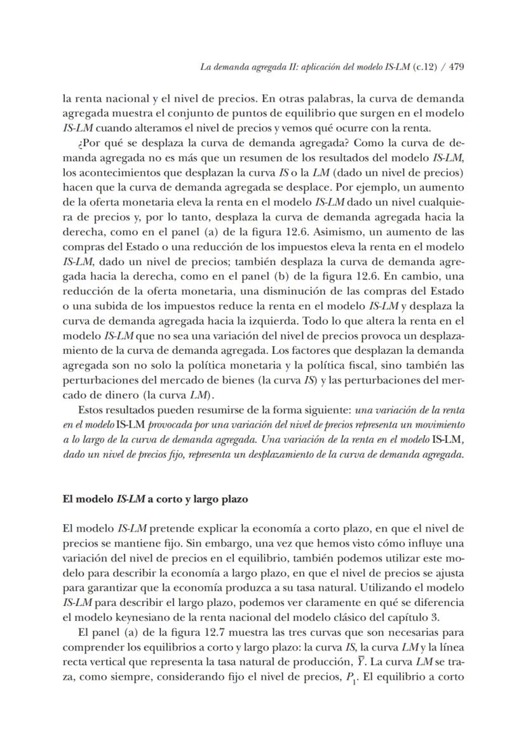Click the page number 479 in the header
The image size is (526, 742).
(x=456, y=67)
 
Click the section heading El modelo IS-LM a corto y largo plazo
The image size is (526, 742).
(x=155, y=499)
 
